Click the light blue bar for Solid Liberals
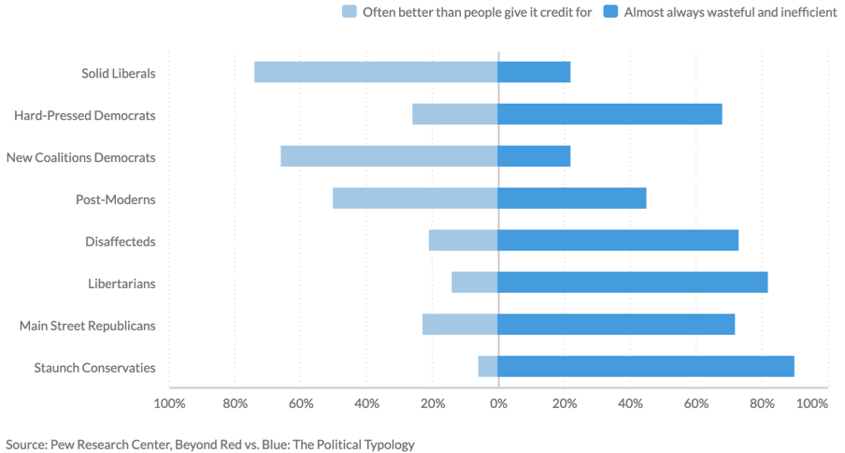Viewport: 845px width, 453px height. point(376,72)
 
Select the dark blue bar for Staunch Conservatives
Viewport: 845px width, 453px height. point(646,367)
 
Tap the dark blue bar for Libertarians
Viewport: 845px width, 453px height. point(633,283)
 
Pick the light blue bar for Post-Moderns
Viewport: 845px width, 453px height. point(415,198)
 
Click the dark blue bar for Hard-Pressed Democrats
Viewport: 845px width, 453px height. point(609,114)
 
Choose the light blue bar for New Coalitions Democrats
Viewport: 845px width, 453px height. point(389,156)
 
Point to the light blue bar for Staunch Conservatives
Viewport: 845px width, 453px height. point(488,367)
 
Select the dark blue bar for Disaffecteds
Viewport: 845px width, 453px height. point(618,241)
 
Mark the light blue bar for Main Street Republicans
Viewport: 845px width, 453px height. point(460,325)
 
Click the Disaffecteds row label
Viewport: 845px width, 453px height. point(121,241)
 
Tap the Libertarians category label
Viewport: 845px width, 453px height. point(122,284)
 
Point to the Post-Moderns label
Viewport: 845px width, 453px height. point(116,199)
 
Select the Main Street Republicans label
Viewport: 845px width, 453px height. point(88,326)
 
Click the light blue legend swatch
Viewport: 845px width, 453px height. point(350,12)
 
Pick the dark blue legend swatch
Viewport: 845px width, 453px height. point(610,12)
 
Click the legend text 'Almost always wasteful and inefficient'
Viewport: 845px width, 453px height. point(730,12)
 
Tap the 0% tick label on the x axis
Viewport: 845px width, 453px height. point(498,403)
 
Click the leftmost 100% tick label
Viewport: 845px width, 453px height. point(168,403)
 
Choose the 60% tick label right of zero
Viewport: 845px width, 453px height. point(695,403)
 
